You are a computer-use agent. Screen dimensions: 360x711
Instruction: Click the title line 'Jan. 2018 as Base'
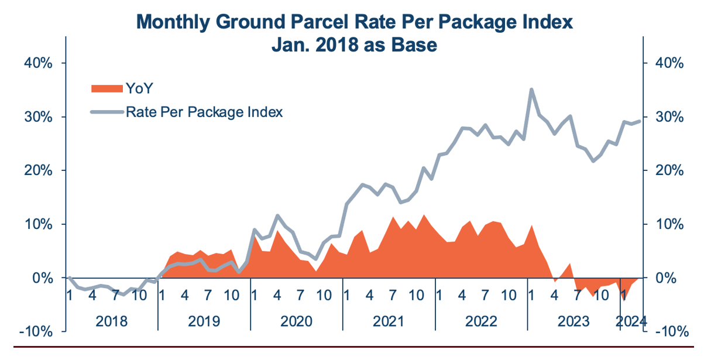tap(354, 44)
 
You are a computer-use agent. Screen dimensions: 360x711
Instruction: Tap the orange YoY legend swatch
tap(107, 88)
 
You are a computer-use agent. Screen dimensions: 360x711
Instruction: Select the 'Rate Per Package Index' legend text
tap(204, 112)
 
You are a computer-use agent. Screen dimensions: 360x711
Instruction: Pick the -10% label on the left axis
tap(36, 331)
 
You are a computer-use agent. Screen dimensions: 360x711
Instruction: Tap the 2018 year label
tap(112, 321)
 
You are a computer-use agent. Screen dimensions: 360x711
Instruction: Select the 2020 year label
tap(296, 321)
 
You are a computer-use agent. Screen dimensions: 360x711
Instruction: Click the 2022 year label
tap(481, 321)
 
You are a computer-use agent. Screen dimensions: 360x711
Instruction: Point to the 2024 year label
tap(633, 321)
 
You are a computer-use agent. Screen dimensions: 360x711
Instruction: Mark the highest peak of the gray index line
tap(531, 90)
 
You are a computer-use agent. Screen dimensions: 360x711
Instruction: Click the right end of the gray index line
tap(639, 121)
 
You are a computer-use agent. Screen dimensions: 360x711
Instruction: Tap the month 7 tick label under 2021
tap(393, 296)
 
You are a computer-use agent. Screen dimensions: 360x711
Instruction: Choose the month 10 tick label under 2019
tap(232, 296)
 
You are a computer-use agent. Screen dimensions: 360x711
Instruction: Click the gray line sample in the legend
tap(107, 112)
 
